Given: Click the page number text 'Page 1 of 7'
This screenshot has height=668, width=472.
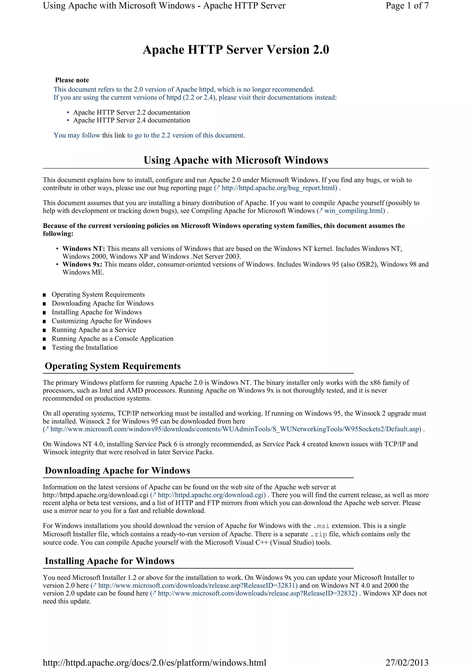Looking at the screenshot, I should (x=407, y=6).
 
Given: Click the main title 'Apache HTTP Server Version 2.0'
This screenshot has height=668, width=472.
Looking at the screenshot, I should (x=236, y=50).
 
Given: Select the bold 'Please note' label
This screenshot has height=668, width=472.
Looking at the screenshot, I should (x=72, y=80).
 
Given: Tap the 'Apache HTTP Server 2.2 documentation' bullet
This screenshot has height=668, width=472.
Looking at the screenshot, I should (x=131, y=112).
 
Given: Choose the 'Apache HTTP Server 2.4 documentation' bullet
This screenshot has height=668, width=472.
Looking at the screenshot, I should (x=131, y=121).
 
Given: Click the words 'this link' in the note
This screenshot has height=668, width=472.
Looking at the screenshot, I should (x=114, y=135).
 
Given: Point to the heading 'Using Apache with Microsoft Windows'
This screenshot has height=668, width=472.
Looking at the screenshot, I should (x=236, y=160).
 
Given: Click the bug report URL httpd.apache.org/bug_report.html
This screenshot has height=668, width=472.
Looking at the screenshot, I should (x=279, y=188).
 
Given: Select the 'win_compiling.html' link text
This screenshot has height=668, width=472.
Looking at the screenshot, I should (x=354, y=211).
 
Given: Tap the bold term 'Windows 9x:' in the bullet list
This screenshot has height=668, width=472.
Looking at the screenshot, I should (x=82, y=264).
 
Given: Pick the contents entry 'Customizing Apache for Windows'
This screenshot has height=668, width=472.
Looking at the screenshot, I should (x=101, y=321).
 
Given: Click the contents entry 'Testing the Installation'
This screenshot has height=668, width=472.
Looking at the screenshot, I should (x=85, y=347).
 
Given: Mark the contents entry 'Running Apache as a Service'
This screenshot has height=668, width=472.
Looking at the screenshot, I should (x=94, y=330).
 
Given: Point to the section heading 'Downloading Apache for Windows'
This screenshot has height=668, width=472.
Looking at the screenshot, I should (x=118, y=470).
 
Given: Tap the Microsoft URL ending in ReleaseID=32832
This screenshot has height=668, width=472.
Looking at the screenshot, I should (x=257, y=594).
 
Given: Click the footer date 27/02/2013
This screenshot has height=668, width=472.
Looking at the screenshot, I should (x=407, y=662).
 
